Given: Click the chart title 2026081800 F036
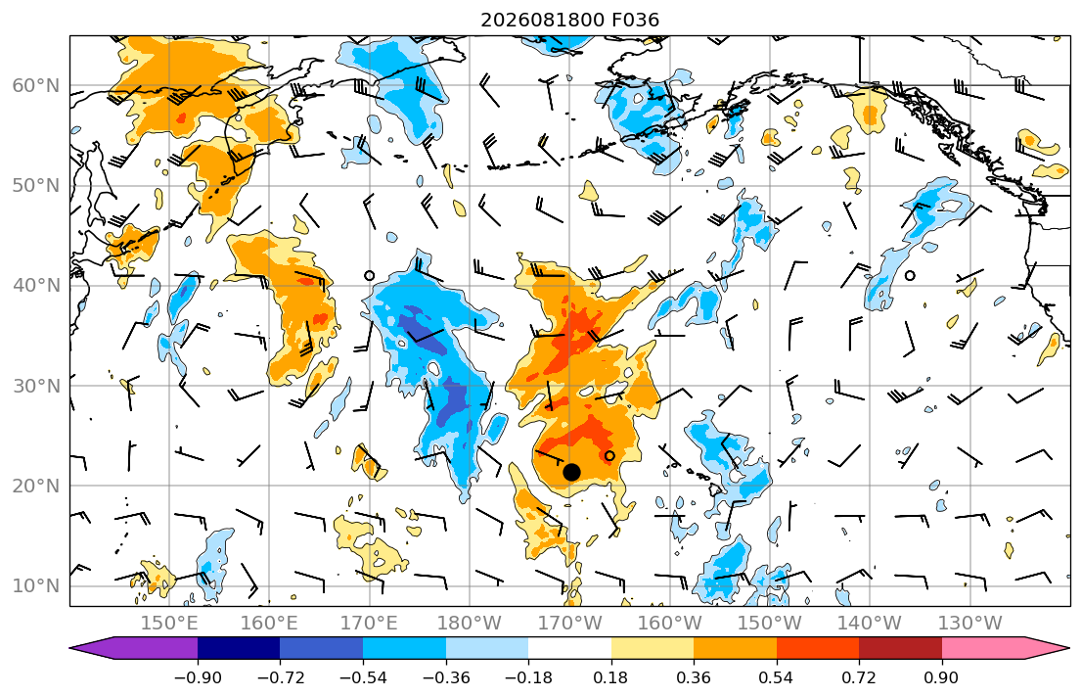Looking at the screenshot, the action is (x=569, y=20).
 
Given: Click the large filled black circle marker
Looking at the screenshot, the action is (x=571, y=472).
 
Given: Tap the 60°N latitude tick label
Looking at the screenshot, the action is (x=36, y=85).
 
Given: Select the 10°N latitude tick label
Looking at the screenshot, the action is (x=36, y=586).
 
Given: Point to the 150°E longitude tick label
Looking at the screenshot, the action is (x=169, y=624).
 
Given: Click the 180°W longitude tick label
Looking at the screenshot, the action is (x=470, y=624).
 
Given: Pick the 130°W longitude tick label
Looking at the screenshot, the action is (x=970, y=624).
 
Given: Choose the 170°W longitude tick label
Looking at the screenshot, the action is (x=569, y=624).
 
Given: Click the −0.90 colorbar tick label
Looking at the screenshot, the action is (x=198, y=677).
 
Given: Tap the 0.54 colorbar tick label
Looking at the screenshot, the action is (x=777, y=677).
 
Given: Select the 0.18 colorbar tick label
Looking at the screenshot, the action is (x=610, y=677).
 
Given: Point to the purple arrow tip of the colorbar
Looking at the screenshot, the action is (x=71, y=648).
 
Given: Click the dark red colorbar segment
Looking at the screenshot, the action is (x=900, y=648).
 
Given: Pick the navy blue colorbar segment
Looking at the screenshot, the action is (x=239, y=648).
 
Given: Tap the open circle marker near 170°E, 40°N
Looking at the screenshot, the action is (x=370, y=275).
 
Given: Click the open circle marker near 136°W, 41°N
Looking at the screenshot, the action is (x=910, y=275).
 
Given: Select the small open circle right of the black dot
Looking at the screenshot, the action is (x=609, y=455).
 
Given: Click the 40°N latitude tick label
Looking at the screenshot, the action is (x=36, y=286).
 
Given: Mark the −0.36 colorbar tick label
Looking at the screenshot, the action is (x=446, y=677).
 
